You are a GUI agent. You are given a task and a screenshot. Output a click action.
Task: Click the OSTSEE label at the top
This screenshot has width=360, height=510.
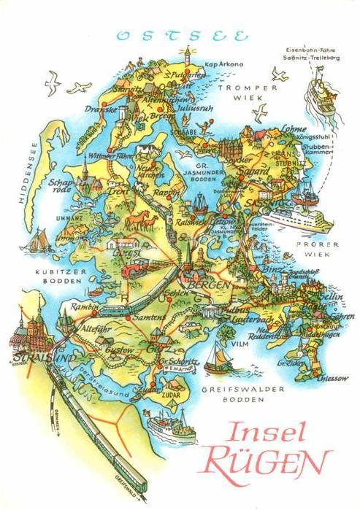[x=183, y=36]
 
